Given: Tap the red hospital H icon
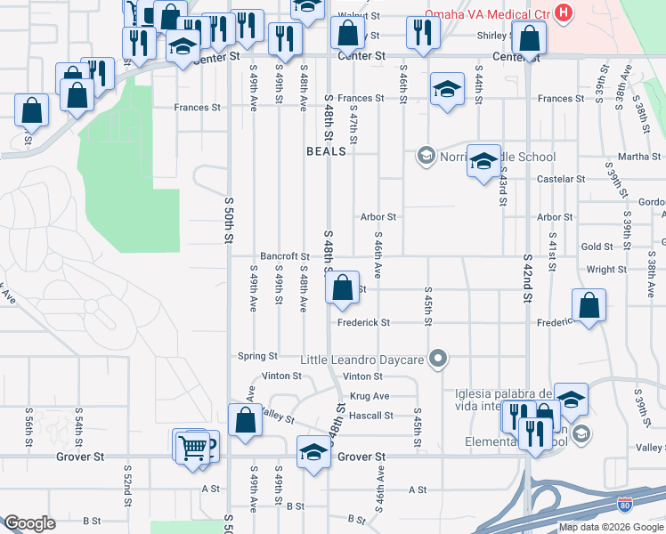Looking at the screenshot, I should pyautogui.click(x=563, y=13).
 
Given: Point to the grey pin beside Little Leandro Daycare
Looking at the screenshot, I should pyautogui.click(x=437, y=360).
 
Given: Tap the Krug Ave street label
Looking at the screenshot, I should pyautogui.click(x=370, y=396).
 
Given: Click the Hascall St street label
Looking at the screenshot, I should pyautogui.click(x=371, y=416).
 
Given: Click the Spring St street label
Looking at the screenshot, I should pyautogui.click(x=258, y=356).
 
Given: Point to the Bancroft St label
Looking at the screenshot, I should pyautogui.click(x=284, y=256).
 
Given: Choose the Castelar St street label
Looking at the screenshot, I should pyautogui.click(x=561, y=179).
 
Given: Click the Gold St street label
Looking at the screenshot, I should pyautogui.click(x=597, y=247).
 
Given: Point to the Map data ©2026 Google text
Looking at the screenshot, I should pyautogui.click(x=611, y=527).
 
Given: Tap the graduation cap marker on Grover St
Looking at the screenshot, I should pyautogui.click(x=313, y=453).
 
